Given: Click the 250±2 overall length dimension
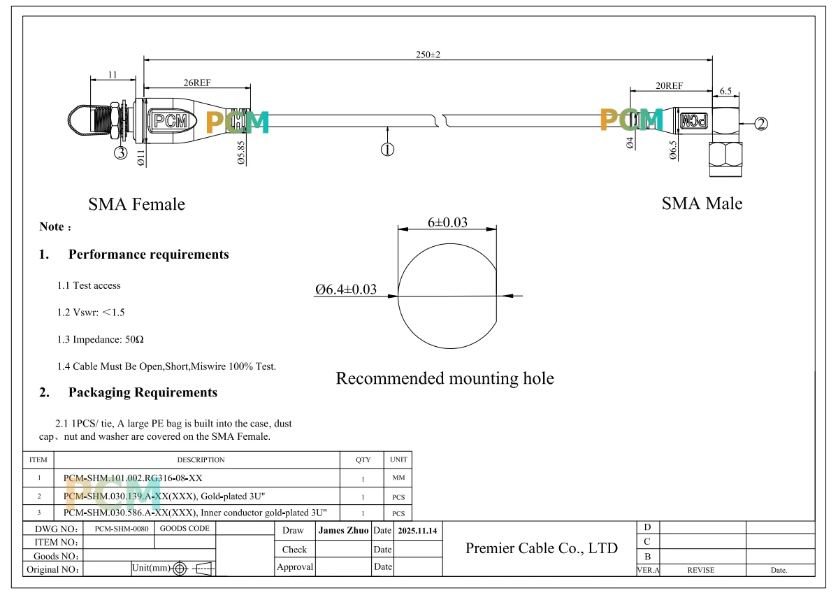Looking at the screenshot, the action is pyautogui.click(x=428, y=55).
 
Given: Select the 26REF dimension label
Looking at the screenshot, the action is pyautogui.click(x=197, y=83).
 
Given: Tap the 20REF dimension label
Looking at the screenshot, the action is pyautogui.click(x=669, y=85).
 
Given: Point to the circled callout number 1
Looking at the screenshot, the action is pyautogui.click(x=387, y=150).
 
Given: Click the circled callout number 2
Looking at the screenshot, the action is pyautogui.click(x=761, y=124).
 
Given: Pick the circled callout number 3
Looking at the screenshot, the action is pyautogui.click(x=121, y=153).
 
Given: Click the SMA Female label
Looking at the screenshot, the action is pyautogui.click(x=137, y=204).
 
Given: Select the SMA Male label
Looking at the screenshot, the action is pyautogui.click(x=702, y=203).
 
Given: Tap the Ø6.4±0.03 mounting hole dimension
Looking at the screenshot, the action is pyautogui.click(x=346, y=290).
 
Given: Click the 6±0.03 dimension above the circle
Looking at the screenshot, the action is pyautogui.click(x=447, y=222).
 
